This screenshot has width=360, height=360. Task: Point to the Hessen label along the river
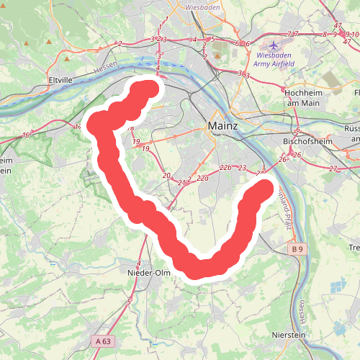click(105, 66)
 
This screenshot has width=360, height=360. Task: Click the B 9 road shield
click(298, 249)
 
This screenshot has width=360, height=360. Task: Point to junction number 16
click(26, 135)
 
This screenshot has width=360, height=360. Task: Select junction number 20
click(166, 176)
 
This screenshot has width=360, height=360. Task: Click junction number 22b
click(225, 168)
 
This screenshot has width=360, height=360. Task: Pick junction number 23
click(243, 168)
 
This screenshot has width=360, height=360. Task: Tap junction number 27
click(333, 168)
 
